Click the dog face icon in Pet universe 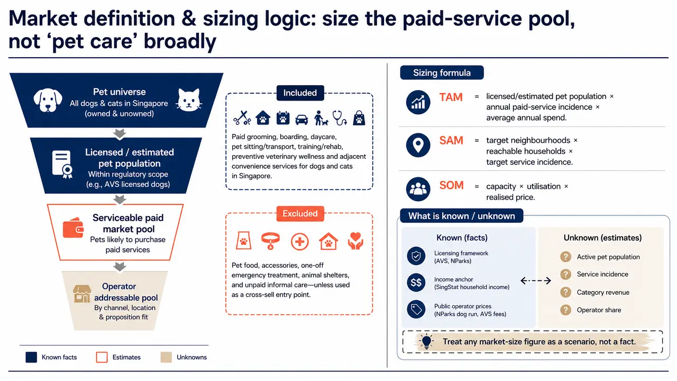48,100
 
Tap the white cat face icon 189,100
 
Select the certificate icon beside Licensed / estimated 62,164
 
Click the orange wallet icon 73,228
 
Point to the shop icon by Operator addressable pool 82,294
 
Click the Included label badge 300,93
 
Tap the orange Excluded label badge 300,214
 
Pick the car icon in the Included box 301,120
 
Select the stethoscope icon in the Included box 340,118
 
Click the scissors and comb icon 242,118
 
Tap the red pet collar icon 270,241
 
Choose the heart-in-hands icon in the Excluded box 355,241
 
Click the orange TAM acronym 451,97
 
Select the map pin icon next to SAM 418,145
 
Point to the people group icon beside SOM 418,189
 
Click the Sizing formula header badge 442,72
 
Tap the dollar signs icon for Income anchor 416,283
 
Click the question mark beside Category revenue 565,293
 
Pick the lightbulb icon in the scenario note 426,342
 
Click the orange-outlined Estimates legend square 102,357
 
